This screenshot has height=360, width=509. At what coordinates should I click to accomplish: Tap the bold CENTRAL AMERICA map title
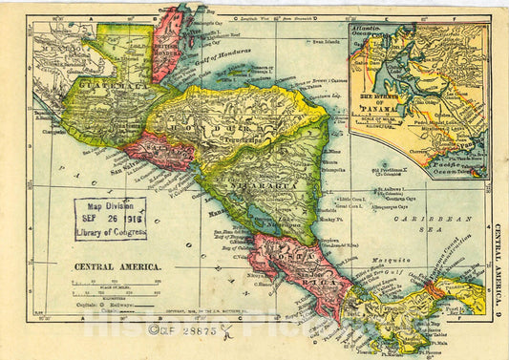tap(111, 268)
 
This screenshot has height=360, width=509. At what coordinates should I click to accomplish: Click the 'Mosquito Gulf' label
tap(393, 263)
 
